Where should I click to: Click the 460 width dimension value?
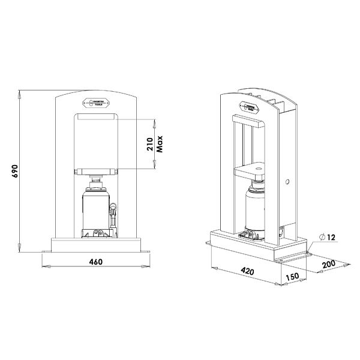pos(96,262)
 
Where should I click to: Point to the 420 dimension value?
pos(247,271)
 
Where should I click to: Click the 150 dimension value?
pos(293,277)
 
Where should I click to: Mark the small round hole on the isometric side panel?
pos(289,181)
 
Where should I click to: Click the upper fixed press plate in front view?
pos(96,119)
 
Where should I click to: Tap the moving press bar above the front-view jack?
pos(96,172)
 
